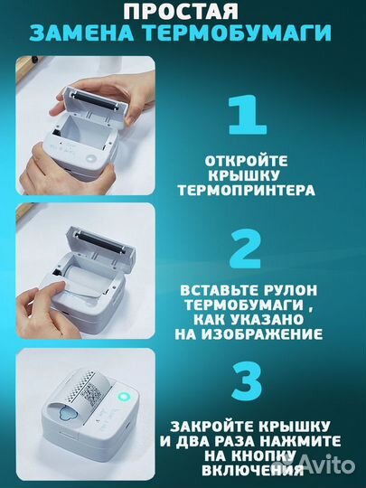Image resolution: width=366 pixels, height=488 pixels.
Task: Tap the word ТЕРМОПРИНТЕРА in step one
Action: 259,191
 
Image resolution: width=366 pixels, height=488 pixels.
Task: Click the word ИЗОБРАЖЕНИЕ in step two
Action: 272,333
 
